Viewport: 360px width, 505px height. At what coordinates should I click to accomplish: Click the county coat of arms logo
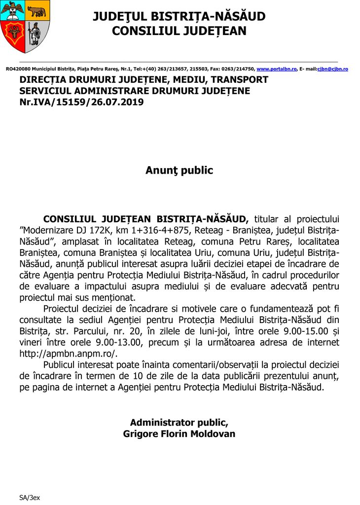[x=25, y=27]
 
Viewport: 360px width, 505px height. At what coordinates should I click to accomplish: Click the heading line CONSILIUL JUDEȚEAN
[x=179, y=31]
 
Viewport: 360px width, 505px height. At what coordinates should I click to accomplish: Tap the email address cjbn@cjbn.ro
[x=333, y=69]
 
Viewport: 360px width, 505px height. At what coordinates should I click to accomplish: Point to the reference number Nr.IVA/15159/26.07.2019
[x=81, y=102]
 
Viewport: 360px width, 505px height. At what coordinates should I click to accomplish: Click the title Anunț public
[x=179, y=171]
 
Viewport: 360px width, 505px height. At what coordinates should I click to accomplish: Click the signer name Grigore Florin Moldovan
[x=179, y=434]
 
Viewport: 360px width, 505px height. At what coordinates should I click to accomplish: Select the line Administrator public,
[x=179, y=423]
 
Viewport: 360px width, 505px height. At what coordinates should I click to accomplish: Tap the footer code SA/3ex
[x=30, y=498]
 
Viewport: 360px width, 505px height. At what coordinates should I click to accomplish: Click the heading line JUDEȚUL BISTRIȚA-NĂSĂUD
[x=179, y=17]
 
